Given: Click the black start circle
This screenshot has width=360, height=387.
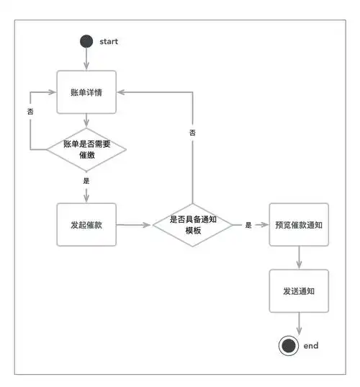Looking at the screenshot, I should click(x=86, y=41).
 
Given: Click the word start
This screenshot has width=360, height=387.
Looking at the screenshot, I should click(x=109, y=41).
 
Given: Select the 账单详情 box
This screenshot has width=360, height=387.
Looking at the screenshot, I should click(x=86, y=92).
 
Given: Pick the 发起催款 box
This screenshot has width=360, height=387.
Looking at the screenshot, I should click(x=86, y=224).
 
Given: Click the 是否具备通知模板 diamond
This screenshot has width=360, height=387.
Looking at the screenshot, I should click(x=192, y=225).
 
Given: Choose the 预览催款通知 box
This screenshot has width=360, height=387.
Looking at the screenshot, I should click(x=298, y=225).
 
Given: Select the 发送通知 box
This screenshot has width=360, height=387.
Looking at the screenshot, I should click(x=298, y=290).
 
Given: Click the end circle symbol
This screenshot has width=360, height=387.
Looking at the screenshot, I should click(x=289, y=346).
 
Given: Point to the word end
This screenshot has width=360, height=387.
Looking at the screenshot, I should click(x=310, y=346).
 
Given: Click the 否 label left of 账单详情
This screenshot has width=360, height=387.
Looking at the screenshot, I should click(x=30, y=112).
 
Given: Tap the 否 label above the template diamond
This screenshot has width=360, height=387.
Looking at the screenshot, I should click(x=192, y=133).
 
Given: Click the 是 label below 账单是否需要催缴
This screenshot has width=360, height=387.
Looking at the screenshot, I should click(x=86, y=181).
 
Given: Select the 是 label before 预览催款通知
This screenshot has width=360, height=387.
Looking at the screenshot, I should click(x=248, y=225).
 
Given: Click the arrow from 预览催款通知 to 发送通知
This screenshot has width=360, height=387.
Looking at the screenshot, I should click(x=298, y=257).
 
